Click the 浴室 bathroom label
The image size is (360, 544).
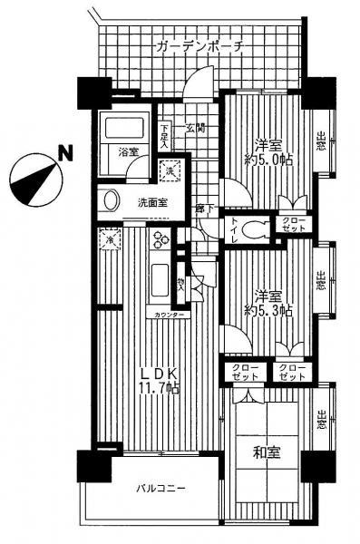126,154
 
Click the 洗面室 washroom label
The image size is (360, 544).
151,202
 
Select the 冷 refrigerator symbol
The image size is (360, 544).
110,240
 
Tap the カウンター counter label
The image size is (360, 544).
170,314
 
